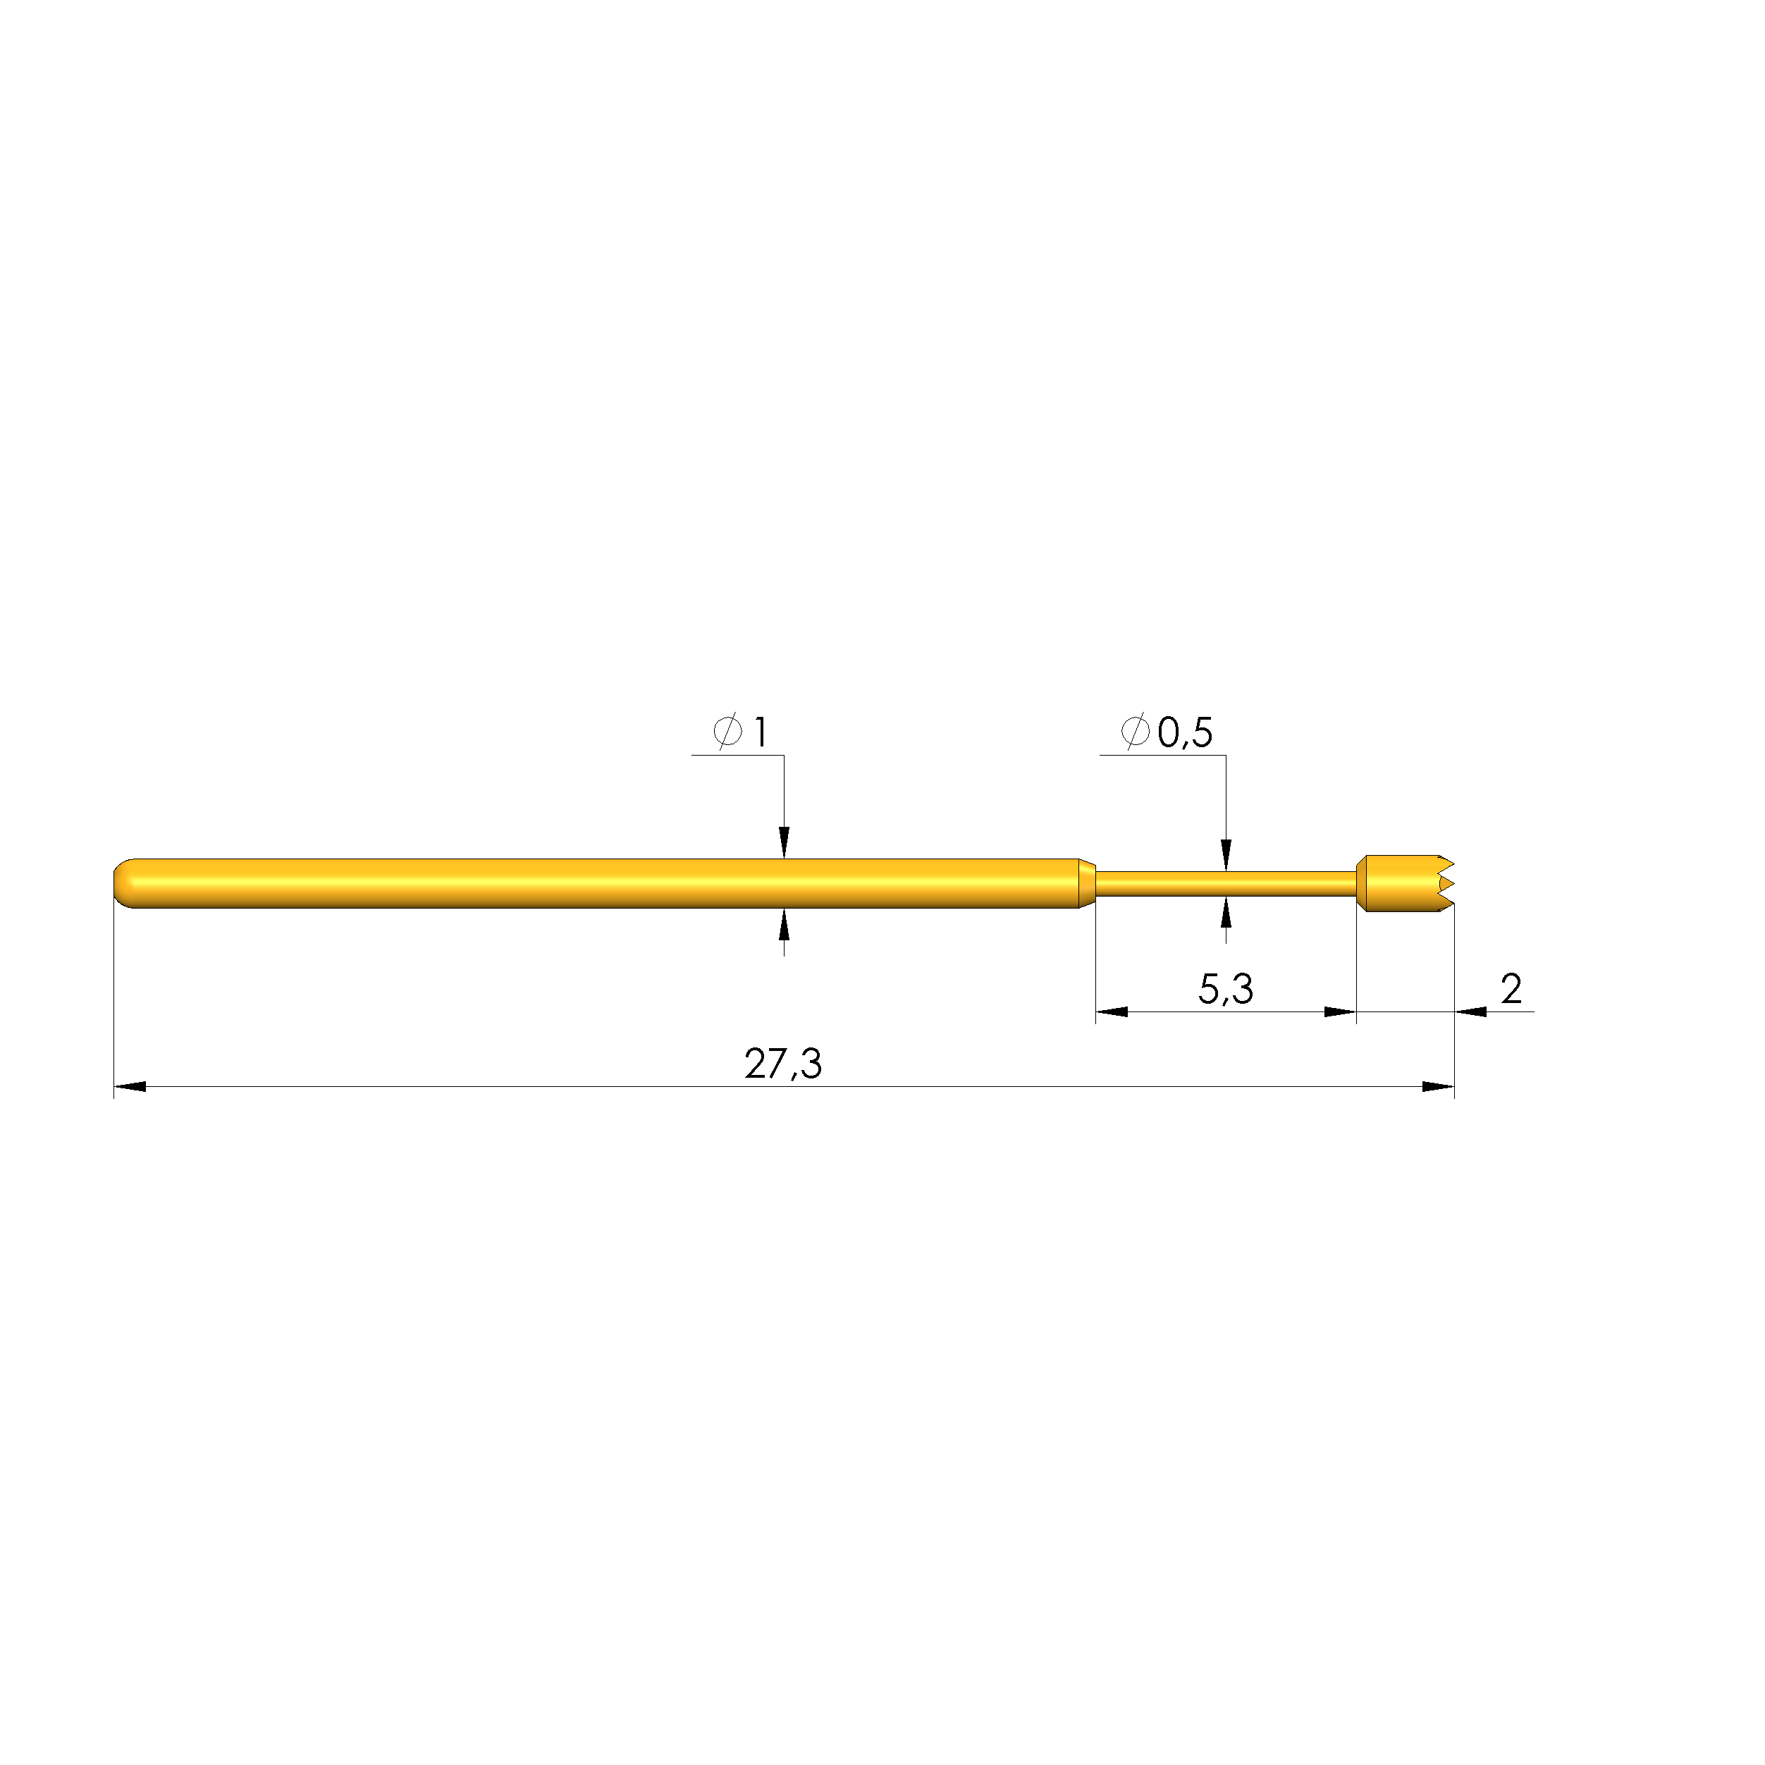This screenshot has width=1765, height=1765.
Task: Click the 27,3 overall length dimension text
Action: click(x=783, y=1064)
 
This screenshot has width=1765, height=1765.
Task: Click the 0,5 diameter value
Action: click(x=1185, y=732)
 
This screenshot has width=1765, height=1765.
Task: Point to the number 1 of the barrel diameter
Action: click(x=760, y=732)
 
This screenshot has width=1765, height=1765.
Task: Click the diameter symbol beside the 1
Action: click(x=728, y=731)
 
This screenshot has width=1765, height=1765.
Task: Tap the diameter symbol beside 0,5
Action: click(x=1136, y=731)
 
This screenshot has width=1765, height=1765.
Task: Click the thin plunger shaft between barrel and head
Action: click(x=1225, y=883)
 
